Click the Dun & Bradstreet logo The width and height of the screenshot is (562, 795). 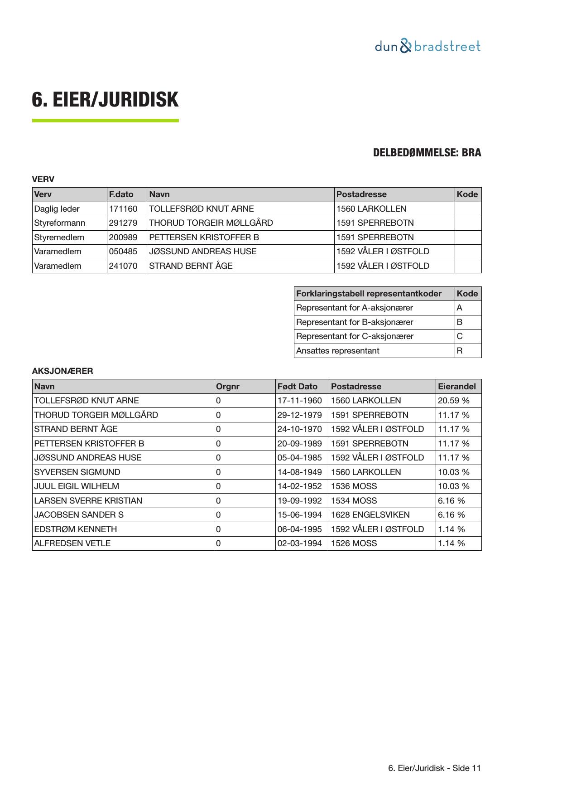pyautogui.click(x=427, y=46)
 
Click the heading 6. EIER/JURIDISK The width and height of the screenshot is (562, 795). pyautogui.click(x=105, y=100)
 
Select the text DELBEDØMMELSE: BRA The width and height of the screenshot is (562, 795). pyautogui.click(x=427, y=153)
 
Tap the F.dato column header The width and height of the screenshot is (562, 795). pyautogui.click(x=121, y=194)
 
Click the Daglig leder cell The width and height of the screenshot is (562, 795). pyautogui.click(x=57, y=209)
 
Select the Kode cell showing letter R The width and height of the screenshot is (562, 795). pyautogui.click(x=460, y=351)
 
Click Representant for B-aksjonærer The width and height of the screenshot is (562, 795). pyautogui.click(x=355, y=322)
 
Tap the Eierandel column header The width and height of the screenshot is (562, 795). pyautogui.click(x=457, y=387)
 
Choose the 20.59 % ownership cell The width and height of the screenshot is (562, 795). pyautogui.click(x=453, y=401)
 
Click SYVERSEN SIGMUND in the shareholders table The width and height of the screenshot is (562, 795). pyautogui.click(x=77, y=472)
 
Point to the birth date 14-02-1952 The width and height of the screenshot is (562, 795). pyautogui.click(x=300, y=486)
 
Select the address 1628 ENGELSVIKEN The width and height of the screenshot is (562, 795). pyautogui.click(x=370, y=515)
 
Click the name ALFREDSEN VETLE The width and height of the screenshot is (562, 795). pyautogui.click(x=72, y=543)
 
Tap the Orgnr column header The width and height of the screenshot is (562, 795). pyautogui.click(x=228, y=387)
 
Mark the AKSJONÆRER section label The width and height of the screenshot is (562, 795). pyautogui.click(x=62, y=371)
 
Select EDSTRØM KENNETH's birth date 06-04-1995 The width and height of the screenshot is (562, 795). pyautogui.click(x=300, y=529)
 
